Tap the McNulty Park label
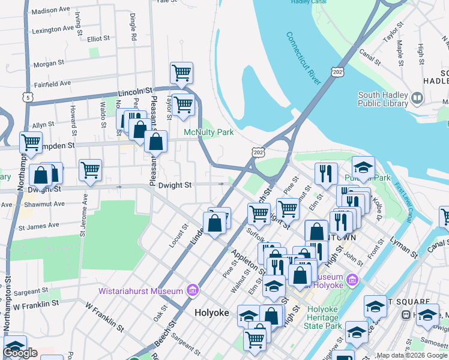(x=208, y=132)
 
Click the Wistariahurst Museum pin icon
(x=193, y=291)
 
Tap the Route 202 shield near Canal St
(x=337, y=72)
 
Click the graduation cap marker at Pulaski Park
(x=363, y=168)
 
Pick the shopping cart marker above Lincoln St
(x=181, y=74)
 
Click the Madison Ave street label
(x=50, y=11)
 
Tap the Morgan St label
(x=49, y=63)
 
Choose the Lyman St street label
(x=406, y=247)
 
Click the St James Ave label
(x=39, y=226)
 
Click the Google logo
(x=20, y=353)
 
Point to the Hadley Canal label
(x=307, y=2)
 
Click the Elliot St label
(x=98, y=38)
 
